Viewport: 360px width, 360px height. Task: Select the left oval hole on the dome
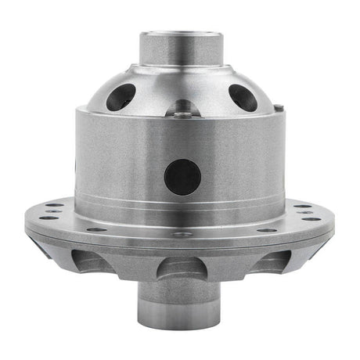(x=120, y=96)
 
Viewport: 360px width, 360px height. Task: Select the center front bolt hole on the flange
(x=182, y=233)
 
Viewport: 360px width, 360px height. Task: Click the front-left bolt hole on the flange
(x=95, y=229)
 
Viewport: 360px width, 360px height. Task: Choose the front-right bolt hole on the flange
(x=267, y=229)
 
